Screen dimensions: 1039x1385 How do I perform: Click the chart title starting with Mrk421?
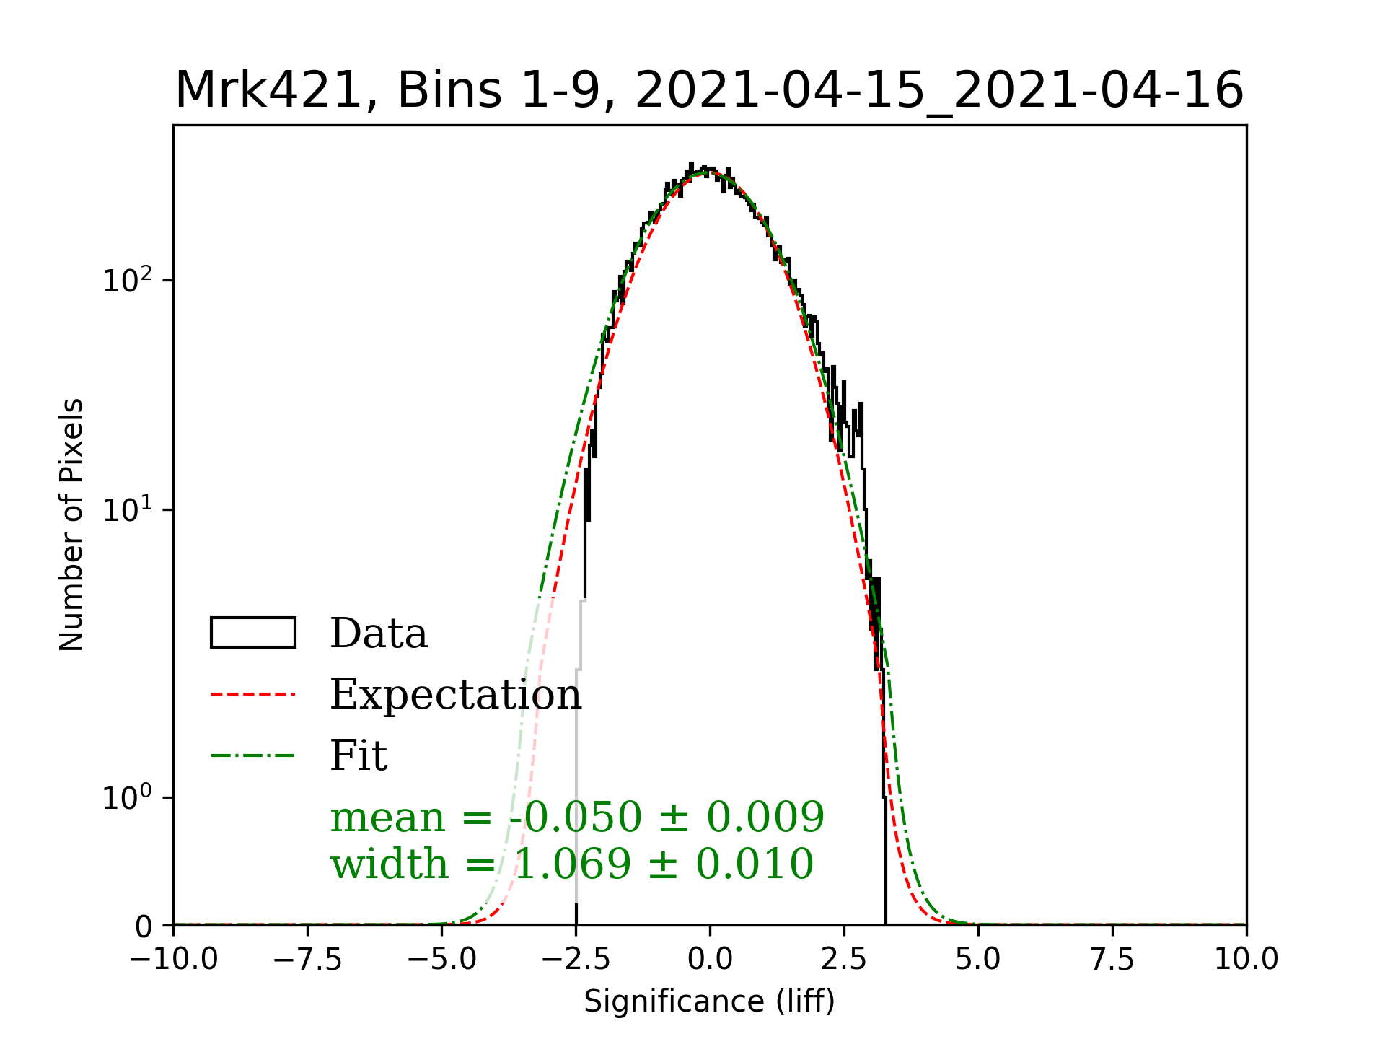(x=709, y=91)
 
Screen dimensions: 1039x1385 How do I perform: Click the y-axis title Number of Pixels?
(x=71, y=525)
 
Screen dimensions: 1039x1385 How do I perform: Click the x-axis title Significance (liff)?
(x=709, y=1001)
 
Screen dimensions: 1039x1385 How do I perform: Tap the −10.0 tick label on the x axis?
(x=173, y=960)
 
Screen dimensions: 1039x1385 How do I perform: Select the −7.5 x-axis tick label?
(x=307, y=960)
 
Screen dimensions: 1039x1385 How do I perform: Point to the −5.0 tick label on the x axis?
(x=441, y=960)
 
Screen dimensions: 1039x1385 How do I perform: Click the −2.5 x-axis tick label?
(x=576, y=960)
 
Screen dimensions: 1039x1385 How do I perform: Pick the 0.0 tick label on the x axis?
(x=710, y=960)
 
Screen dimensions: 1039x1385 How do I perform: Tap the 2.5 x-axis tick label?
(x=844, y=960)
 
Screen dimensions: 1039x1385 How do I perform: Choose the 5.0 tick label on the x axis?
(x=978, y=960)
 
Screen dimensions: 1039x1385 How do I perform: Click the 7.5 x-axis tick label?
(x=1112, y=960)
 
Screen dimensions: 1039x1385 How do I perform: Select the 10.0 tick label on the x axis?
(x=1246, y=960)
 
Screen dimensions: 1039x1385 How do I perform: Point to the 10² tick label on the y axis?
(x=128, y=280)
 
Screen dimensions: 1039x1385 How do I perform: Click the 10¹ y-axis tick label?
(x=128, y=509)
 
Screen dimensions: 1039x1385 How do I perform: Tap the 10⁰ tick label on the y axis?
(x=128, y=797)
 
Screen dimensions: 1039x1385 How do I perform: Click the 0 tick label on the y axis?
(x=144, y=926)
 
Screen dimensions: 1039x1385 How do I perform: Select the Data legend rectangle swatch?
(x=252, y=633)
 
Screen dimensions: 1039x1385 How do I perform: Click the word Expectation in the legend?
(x=455, y=694)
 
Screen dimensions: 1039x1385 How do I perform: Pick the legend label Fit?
(x=359, y=755)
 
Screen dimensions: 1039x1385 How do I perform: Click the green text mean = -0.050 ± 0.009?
(x=577, y=817)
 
